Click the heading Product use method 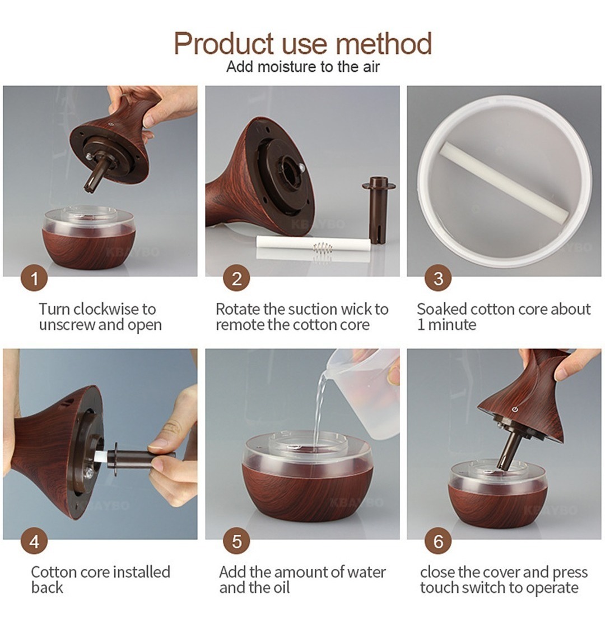point(302,43)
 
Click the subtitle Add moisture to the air point(302,67)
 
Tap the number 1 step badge point(34,278)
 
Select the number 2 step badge point(236,278)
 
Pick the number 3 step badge point(438,278)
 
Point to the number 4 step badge point(34,541)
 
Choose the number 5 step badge point(236,541)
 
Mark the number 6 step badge point(438,541)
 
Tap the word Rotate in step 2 point(238,309)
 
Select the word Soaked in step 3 point(442,309)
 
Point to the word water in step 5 point(366,572)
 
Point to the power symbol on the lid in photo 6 point(515,409)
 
